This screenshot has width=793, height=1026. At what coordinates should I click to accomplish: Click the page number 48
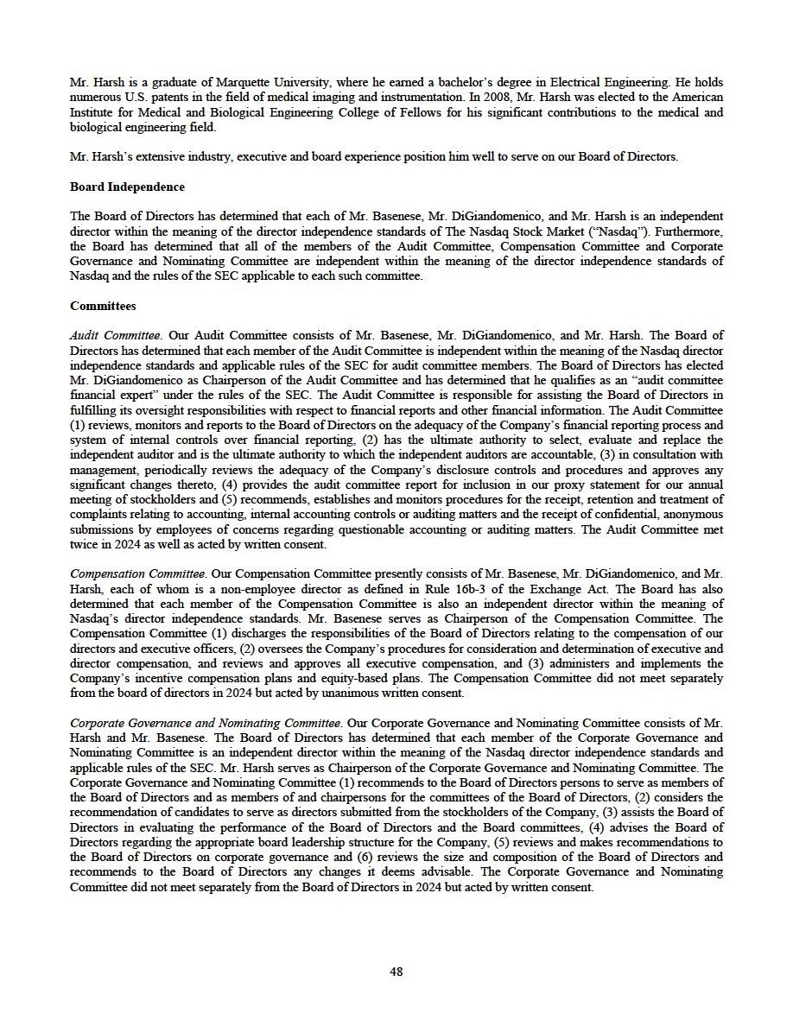click(396, 972)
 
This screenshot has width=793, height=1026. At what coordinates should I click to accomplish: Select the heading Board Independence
click(127, 187)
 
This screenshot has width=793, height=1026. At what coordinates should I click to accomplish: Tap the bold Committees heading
click(103, 306)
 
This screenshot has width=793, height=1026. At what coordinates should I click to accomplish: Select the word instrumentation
click(387, 98)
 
